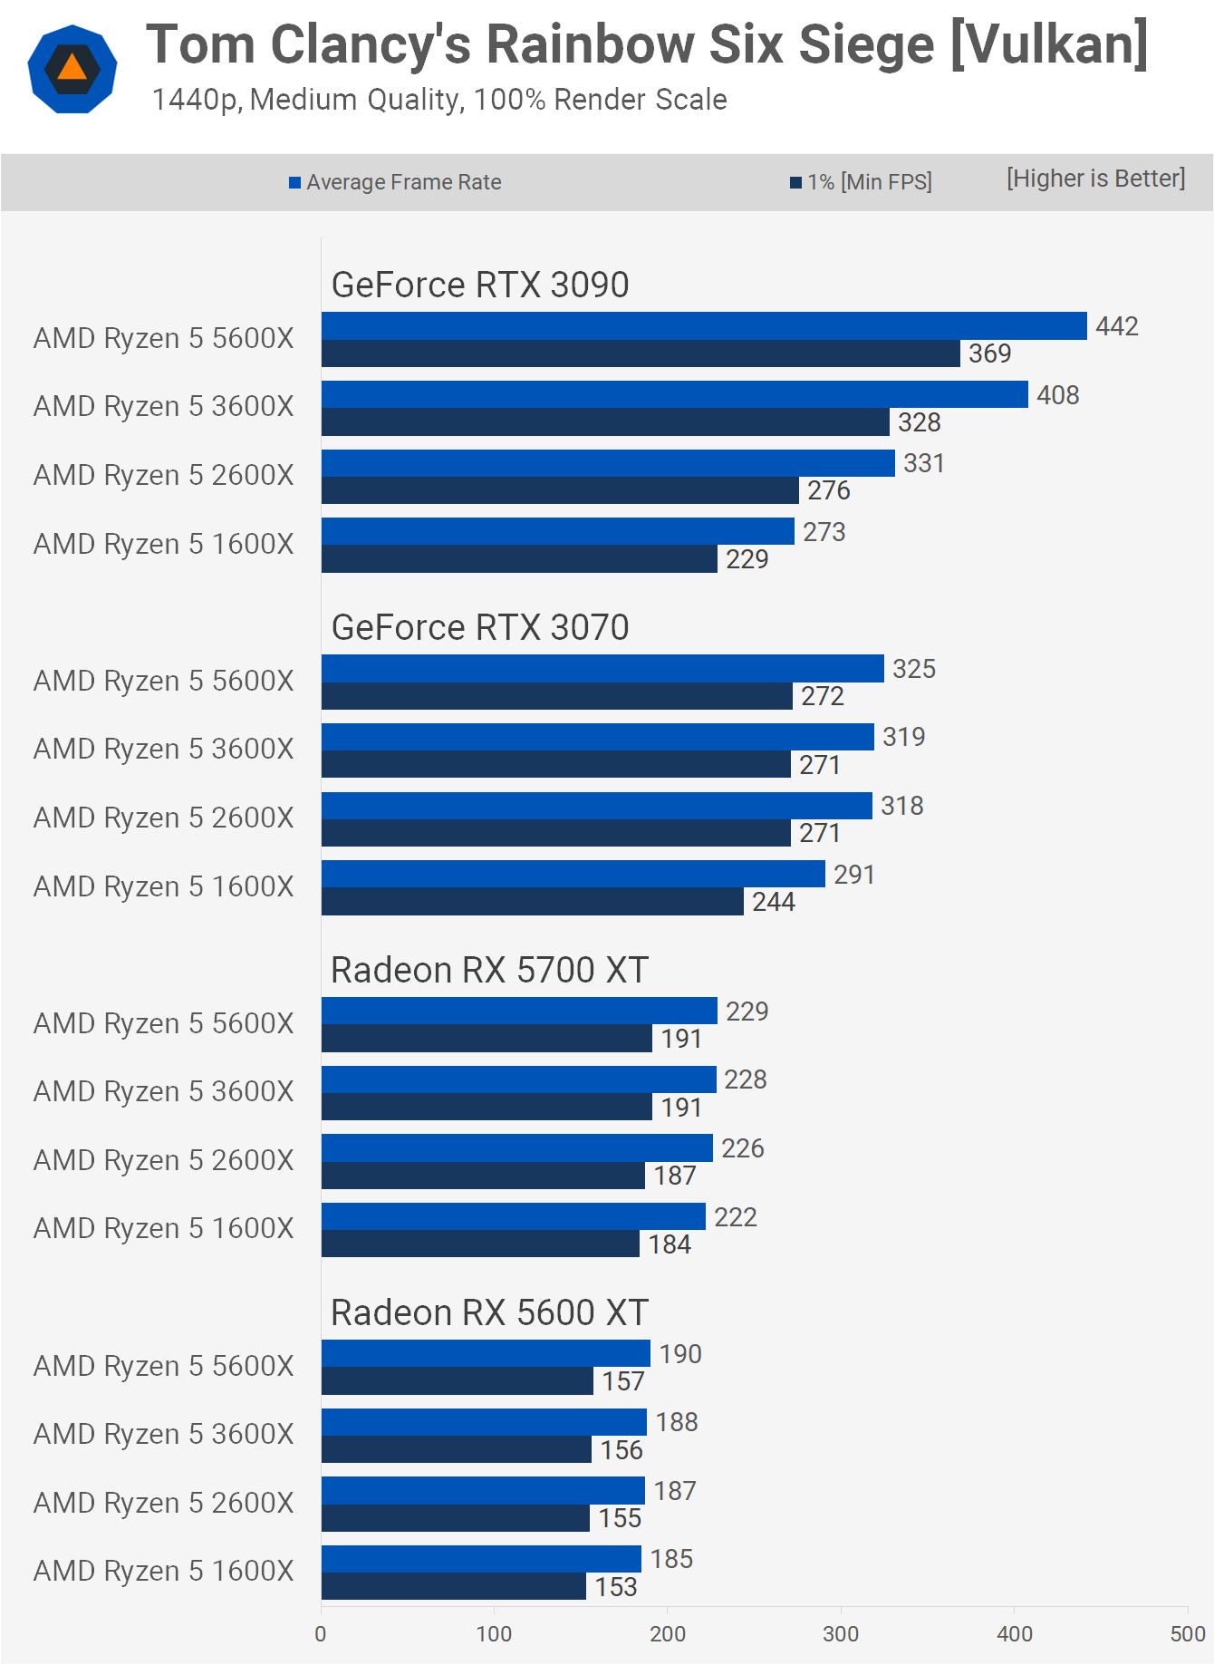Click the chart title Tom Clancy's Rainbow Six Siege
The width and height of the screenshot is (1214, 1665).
pos(647,45)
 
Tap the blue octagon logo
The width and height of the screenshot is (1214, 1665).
pos(72,69)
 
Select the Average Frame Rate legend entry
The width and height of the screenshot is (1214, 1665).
pos(395,182)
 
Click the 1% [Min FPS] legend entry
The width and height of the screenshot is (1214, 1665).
pos(861,182)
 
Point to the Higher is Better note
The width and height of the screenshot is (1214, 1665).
pos(1095,179)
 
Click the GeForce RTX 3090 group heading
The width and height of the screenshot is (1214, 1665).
pos(480,285)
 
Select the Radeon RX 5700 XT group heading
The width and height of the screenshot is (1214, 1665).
pos(489,970)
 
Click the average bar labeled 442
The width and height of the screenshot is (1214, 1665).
pos(704,326)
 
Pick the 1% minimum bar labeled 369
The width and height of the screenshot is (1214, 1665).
pos(641,353)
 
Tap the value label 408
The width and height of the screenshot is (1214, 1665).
pos(1058,395)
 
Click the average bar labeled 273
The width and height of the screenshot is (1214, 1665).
pos(557,531)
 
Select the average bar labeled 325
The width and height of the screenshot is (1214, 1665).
pos(602,669)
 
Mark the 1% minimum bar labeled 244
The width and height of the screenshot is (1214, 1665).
pos(533,901)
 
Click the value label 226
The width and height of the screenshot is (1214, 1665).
pos(743,1148)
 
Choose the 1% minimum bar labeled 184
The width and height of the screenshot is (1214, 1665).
pos(480,1244)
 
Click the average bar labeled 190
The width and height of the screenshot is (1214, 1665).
pos(486,1353)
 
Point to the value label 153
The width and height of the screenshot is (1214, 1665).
pos(616,1587)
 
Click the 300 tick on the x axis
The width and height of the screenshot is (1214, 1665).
pos(841,1634)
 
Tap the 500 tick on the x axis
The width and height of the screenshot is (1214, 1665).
pos(1187,1634)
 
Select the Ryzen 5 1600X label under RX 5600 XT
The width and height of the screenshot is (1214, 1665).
pos(164,1571)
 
